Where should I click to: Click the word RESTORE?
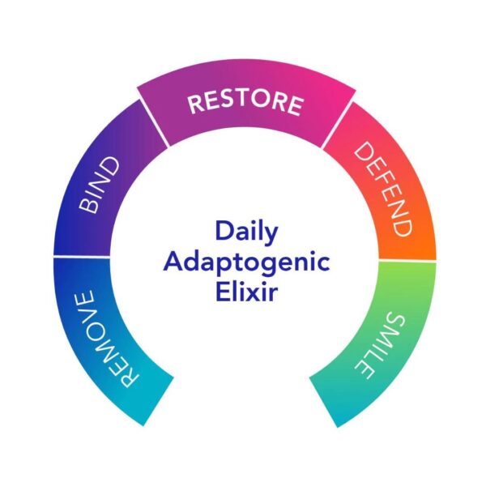pos(245,103)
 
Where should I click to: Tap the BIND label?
pos(99,185)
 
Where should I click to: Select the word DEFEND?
pos(383,189)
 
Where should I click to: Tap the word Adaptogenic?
pos(246,262)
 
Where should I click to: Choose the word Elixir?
pos(246,291)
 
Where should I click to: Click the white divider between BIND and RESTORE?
pos(153,123)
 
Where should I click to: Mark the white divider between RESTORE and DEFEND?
pos(338,125)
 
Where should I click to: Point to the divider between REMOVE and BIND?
pos(82,257)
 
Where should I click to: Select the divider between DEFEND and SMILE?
pos(407,260)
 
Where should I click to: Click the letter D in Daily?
pos(224,230)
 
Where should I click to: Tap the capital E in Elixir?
pos(222,291)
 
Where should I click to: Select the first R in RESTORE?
pos(195,104)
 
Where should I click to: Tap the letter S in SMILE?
pos(394,322)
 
